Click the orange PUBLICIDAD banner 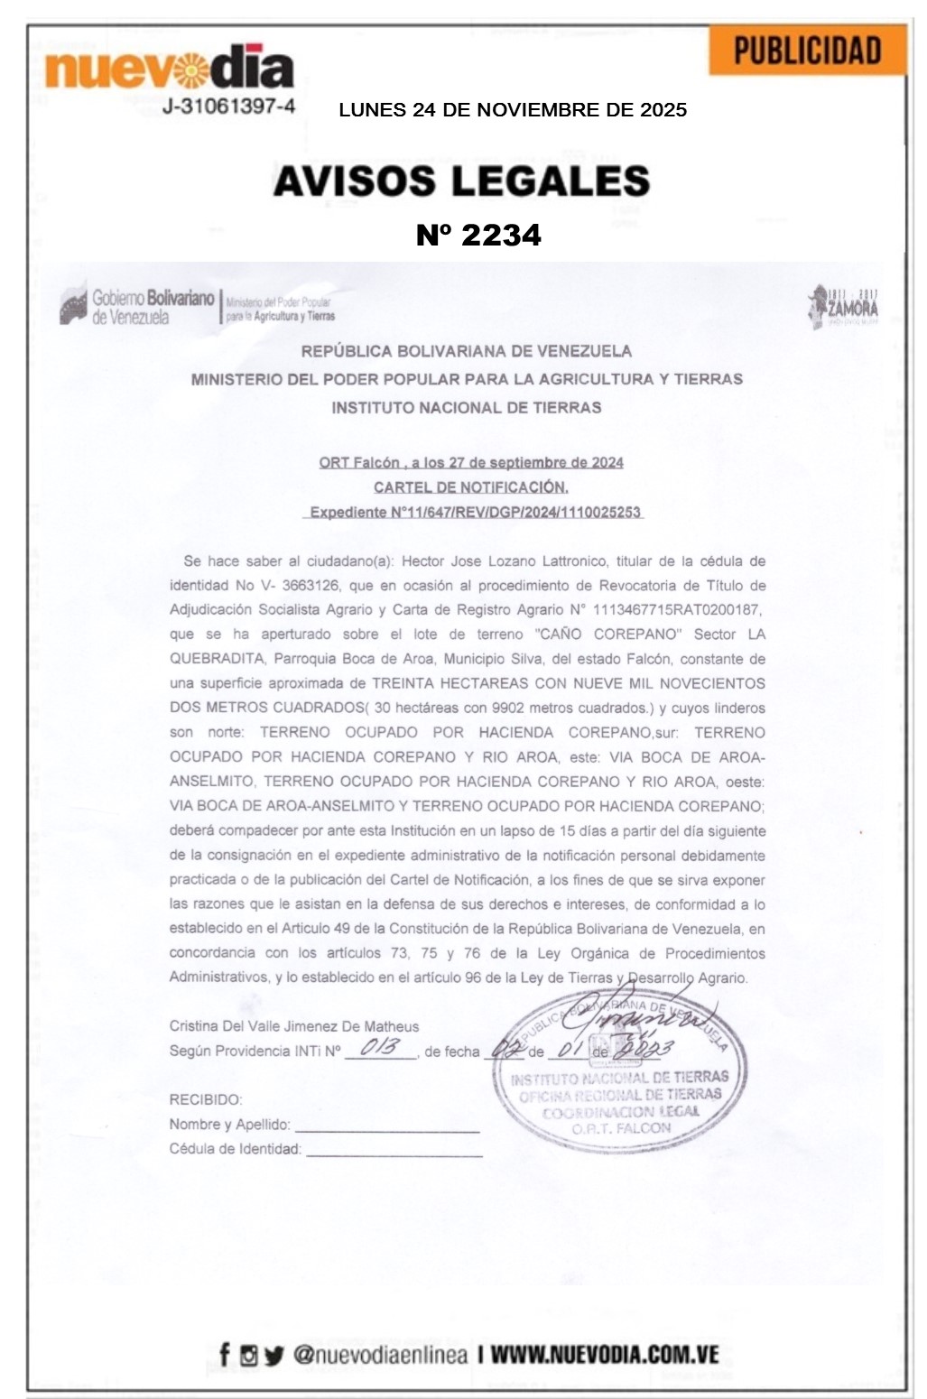807,51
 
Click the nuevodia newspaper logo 169,67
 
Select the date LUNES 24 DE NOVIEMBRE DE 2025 513,110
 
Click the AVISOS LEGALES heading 461,181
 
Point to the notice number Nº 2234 478,235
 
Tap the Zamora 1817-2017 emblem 843,306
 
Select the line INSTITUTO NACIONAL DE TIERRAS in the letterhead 466,407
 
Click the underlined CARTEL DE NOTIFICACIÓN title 471,487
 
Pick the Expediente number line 475,513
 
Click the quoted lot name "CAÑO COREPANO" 607,635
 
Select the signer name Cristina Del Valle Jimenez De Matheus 294,1026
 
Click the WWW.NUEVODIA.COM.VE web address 604,1355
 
